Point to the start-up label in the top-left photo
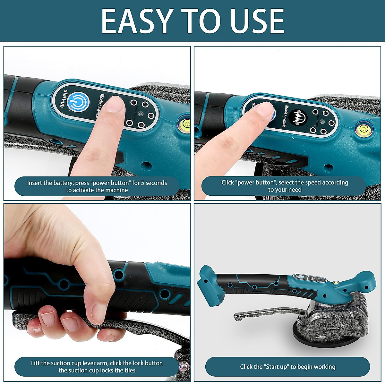[x=65, y=98]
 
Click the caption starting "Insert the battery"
[x=97, y=186]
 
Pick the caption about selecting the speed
[x=285, y=186]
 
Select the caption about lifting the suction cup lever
[x=97, y=367]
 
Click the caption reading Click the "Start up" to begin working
[x=287, y=367]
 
